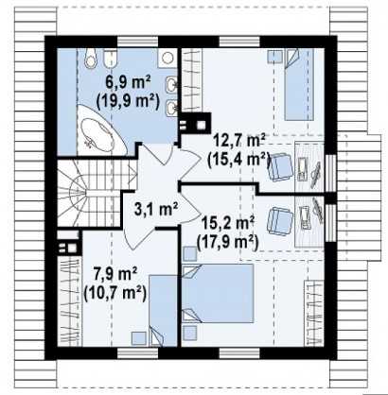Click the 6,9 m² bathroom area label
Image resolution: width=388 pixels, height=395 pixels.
(x=128, y=83)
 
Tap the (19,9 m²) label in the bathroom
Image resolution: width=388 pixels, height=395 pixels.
(x=128, y=101)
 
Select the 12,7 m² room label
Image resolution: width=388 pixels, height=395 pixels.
(x=239, y=140)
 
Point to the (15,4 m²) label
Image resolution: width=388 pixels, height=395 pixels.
(x=238, y=160)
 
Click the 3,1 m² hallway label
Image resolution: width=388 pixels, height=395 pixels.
(x=156, y=209)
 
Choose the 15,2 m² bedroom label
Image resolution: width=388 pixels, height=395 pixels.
(x=228, y=223)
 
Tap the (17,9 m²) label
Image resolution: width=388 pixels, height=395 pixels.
(x=228, y=242)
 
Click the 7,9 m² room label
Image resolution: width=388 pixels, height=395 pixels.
(x=115, y=274)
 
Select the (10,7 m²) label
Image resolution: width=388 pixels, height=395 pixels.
(x=115, y=293)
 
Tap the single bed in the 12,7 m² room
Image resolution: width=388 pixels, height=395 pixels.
(x=299, y=84)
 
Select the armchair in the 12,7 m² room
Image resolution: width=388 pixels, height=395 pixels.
(x=280, y=166)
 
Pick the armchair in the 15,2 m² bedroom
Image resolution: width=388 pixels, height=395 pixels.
(x=280, y=221)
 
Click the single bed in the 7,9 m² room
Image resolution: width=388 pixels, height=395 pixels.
(x=163, y=311)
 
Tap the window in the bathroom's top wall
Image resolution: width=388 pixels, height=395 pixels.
(x=138, y=43)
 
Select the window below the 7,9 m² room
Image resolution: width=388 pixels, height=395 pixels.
(x=138, y=353)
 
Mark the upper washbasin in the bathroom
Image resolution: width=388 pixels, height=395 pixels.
(x=171, y=84)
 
